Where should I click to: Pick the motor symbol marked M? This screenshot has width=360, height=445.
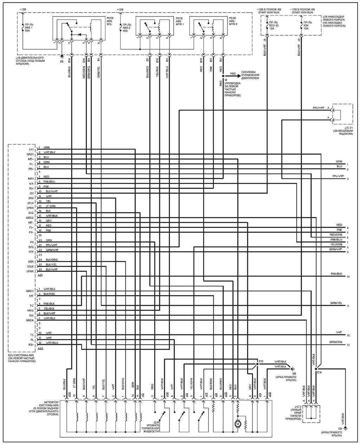tap(238, 424)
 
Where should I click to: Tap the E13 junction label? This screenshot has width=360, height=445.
tap(261, 361)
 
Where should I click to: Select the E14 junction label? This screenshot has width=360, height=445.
tap(319, 373)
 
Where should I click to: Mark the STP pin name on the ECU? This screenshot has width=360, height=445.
tap(31, 252)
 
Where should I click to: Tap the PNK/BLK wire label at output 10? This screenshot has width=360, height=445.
tap(336, 273)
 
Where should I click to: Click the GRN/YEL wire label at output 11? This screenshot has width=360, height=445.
tap(336, 303)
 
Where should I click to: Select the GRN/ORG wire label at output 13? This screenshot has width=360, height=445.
tap(336, 342)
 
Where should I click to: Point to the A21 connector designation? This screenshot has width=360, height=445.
tap(40, 276)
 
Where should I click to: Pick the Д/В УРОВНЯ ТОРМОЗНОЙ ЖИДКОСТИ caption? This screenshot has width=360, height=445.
tap(151, 429)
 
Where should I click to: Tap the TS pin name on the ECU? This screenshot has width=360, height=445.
tap(31, 335)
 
